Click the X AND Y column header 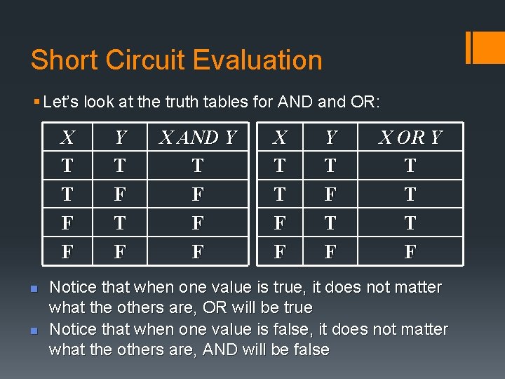point(198,138)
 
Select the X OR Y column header point(410,138)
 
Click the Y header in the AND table point(120,138)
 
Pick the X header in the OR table point(280,138)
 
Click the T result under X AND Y point(198,166)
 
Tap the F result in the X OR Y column point(410,251)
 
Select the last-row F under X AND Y point(198,251)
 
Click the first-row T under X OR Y point(410,166)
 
